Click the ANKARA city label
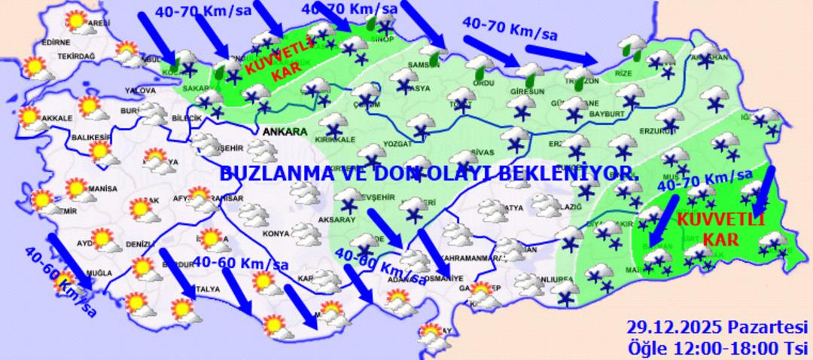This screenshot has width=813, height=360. tap(285, 132)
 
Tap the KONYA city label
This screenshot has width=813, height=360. tap(277, 233)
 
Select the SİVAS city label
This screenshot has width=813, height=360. tap(481, 151)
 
